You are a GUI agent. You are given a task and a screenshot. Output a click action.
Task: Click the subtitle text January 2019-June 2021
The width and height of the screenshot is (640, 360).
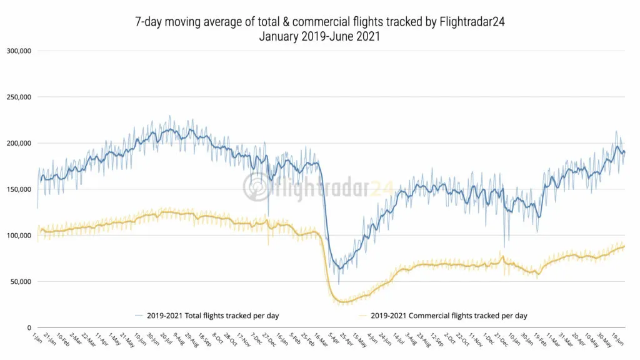(x=319, y=36)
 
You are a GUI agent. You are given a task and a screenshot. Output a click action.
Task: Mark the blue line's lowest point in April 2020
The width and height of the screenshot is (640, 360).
(x=339, y=270)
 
